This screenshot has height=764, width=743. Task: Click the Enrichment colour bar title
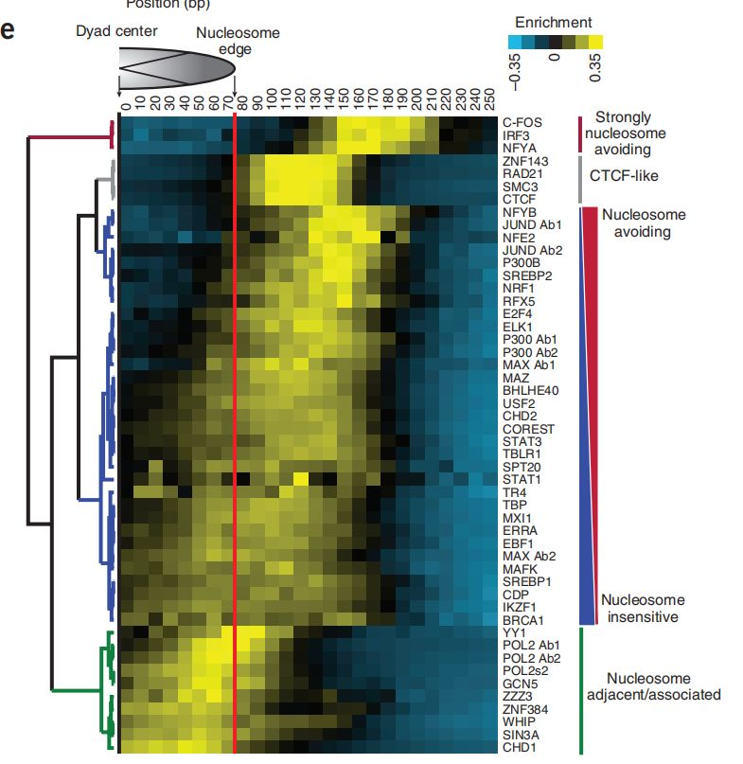tap(554, 22)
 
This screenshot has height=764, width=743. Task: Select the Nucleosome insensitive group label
tap(642, 608)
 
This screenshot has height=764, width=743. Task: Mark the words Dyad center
tap(117, 31)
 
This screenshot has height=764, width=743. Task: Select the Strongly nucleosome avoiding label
tap(635, 133)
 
